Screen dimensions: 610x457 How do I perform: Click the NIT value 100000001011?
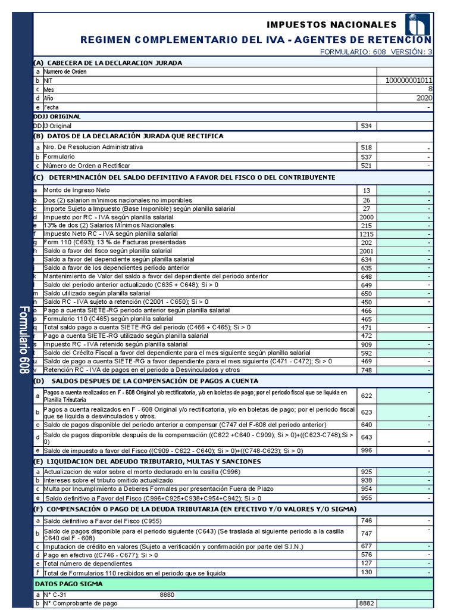[409, 80]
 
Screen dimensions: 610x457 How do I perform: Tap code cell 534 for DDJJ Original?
[366, 126]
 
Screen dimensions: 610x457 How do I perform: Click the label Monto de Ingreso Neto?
[77, 190]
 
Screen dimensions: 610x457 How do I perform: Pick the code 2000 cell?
[366, 217]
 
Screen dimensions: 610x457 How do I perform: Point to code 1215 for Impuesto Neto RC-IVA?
[366, 235]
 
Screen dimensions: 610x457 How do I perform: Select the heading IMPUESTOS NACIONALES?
[331, 25]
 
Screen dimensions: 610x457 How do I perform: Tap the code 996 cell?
[366, 450]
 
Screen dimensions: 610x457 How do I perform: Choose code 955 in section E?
[366, 498]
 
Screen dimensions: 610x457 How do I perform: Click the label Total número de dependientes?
[88, 563]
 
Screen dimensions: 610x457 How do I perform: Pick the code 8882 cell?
[366, 603]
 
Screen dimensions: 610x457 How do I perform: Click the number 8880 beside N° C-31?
[167, 595]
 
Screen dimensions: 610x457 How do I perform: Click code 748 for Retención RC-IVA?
[366, 370]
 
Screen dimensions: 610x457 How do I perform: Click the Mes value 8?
[430, 89]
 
